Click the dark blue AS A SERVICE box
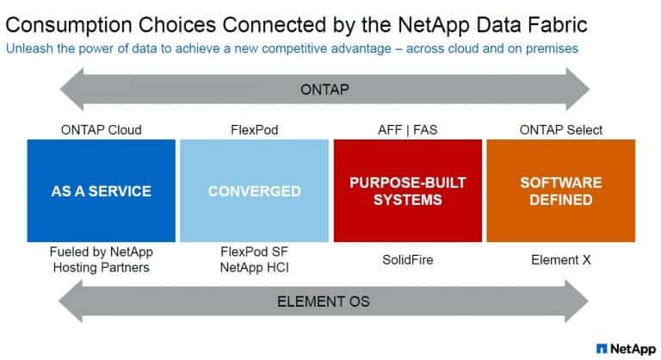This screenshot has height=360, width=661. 101,190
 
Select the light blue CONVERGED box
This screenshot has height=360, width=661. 254,190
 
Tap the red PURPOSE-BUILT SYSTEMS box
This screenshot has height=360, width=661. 407,190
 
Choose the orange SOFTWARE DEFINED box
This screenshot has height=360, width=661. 560,190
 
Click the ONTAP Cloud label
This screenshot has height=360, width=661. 101,130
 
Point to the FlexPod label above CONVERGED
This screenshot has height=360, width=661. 254,130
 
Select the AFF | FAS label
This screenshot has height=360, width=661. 407,130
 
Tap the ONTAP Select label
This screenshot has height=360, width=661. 560,130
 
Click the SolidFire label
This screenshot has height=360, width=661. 407,258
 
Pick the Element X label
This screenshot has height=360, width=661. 560,258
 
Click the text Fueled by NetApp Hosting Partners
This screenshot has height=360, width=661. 101,258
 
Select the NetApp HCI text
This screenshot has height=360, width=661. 254,266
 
